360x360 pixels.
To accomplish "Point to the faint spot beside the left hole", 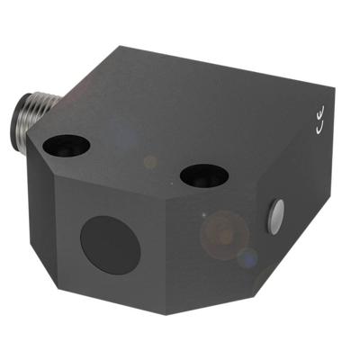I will [x=150, y=162].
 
